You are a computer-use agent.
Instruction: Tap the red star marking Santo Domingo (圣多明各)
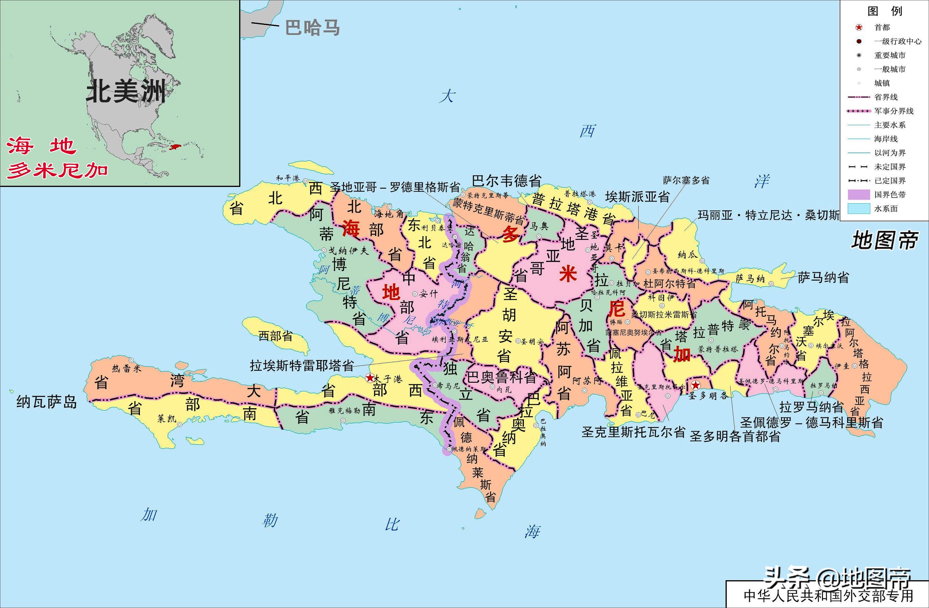pos(696,385)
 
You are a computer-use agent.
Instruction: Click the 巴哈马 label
pos(312,27)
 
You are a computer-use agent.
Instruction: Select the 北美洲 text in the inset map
pos(126,91)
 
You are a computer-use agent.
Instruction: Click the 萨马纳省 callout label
pos(823,278)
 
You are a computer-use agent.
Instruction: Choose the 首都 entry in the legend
pos(882,27)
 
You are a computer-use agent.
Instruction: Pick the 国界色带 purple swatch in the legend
pos(859,194)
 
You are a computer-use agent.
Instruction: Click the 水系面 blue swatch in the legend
pos(859,208)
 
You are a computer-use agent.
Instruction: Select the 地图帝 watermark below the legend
pos(884,240)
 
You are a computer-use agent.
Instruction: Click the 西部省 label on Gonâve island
pos(275,335)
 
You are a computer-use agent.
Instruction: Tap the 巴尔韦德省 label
pos(507,181)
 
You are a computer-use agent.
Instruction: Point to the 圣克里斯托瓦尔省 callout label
pos(633,432)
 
